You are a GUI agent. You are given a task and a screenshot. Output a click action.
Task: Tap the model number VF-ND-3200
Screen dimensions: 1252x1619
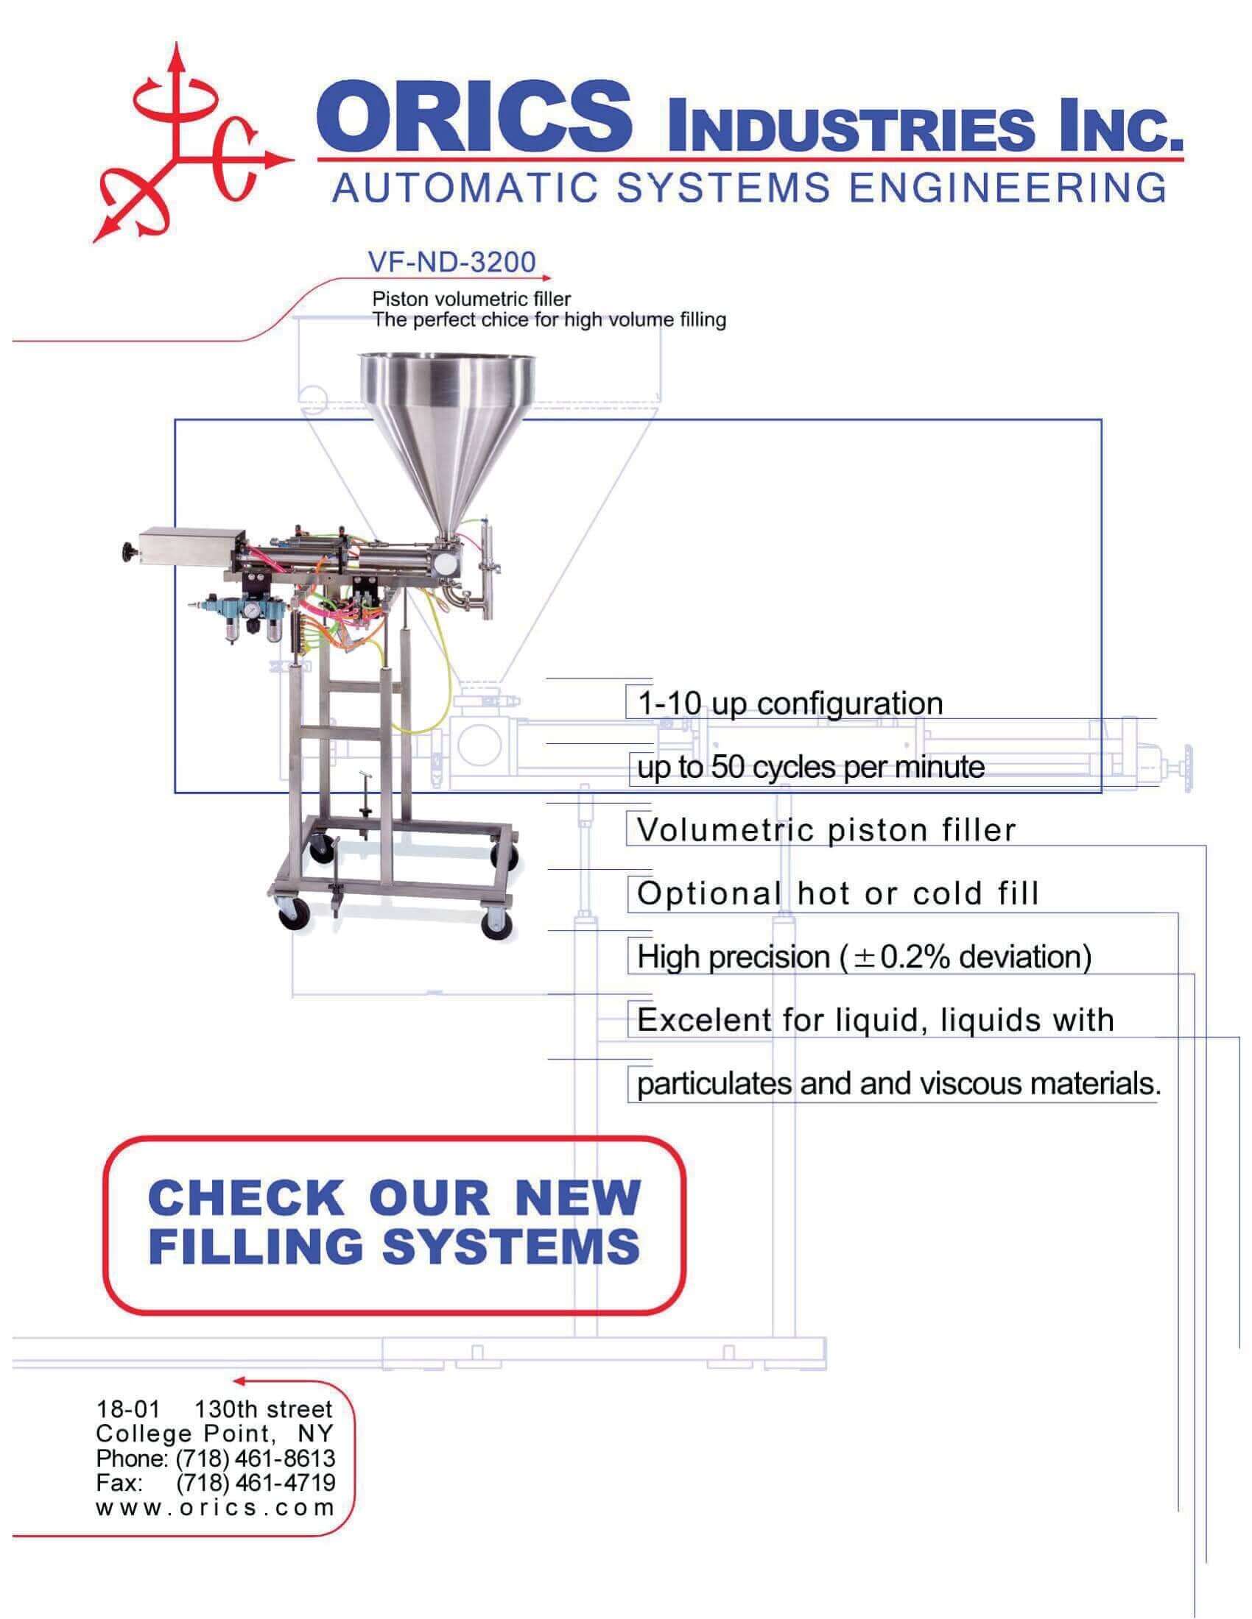point(451,262)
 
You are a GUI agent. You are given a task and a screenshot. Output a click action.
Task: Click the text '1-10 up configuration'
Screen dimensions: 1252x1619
point(790,704)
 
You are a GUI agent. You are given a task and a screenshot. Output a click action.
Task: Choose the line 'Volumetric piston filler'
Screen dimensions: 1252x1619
point(826,830)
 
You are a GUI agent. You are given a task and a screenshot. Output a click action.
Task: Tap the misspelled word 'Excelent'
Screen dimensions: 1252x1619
point(704,1021)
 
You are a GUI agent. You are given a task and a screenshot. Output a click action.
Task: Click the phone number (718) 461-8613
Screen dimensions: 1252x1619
point(256,1458)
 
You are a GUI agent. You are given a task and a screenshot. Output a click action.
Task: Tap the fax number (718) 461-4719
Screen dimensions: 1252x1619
point(256,1483)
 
